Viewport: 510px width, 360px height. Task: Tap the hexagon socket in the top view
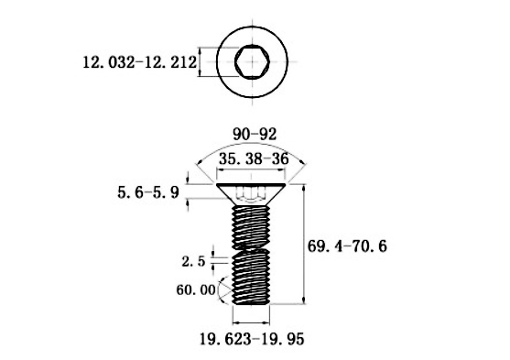250,63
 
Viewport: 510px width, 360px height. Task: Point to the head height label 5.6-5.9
148,192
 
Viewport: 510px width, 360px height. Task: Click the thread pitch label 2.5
193,260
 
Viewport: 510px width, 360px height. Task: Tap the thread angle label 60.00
195,289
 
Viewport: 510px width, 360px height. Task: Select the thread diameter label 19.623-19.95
252,339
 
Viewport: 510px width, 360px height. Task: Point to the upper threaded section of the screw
251,224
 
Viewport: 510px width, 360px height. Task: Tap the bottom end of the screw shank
251,303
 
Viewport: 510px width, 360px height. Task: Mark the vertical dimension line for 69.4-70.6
303,244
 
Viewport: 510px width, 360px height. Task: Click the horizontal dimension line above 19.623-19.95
251,322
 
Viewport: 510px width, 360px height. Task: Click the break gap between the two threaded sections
251,250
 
